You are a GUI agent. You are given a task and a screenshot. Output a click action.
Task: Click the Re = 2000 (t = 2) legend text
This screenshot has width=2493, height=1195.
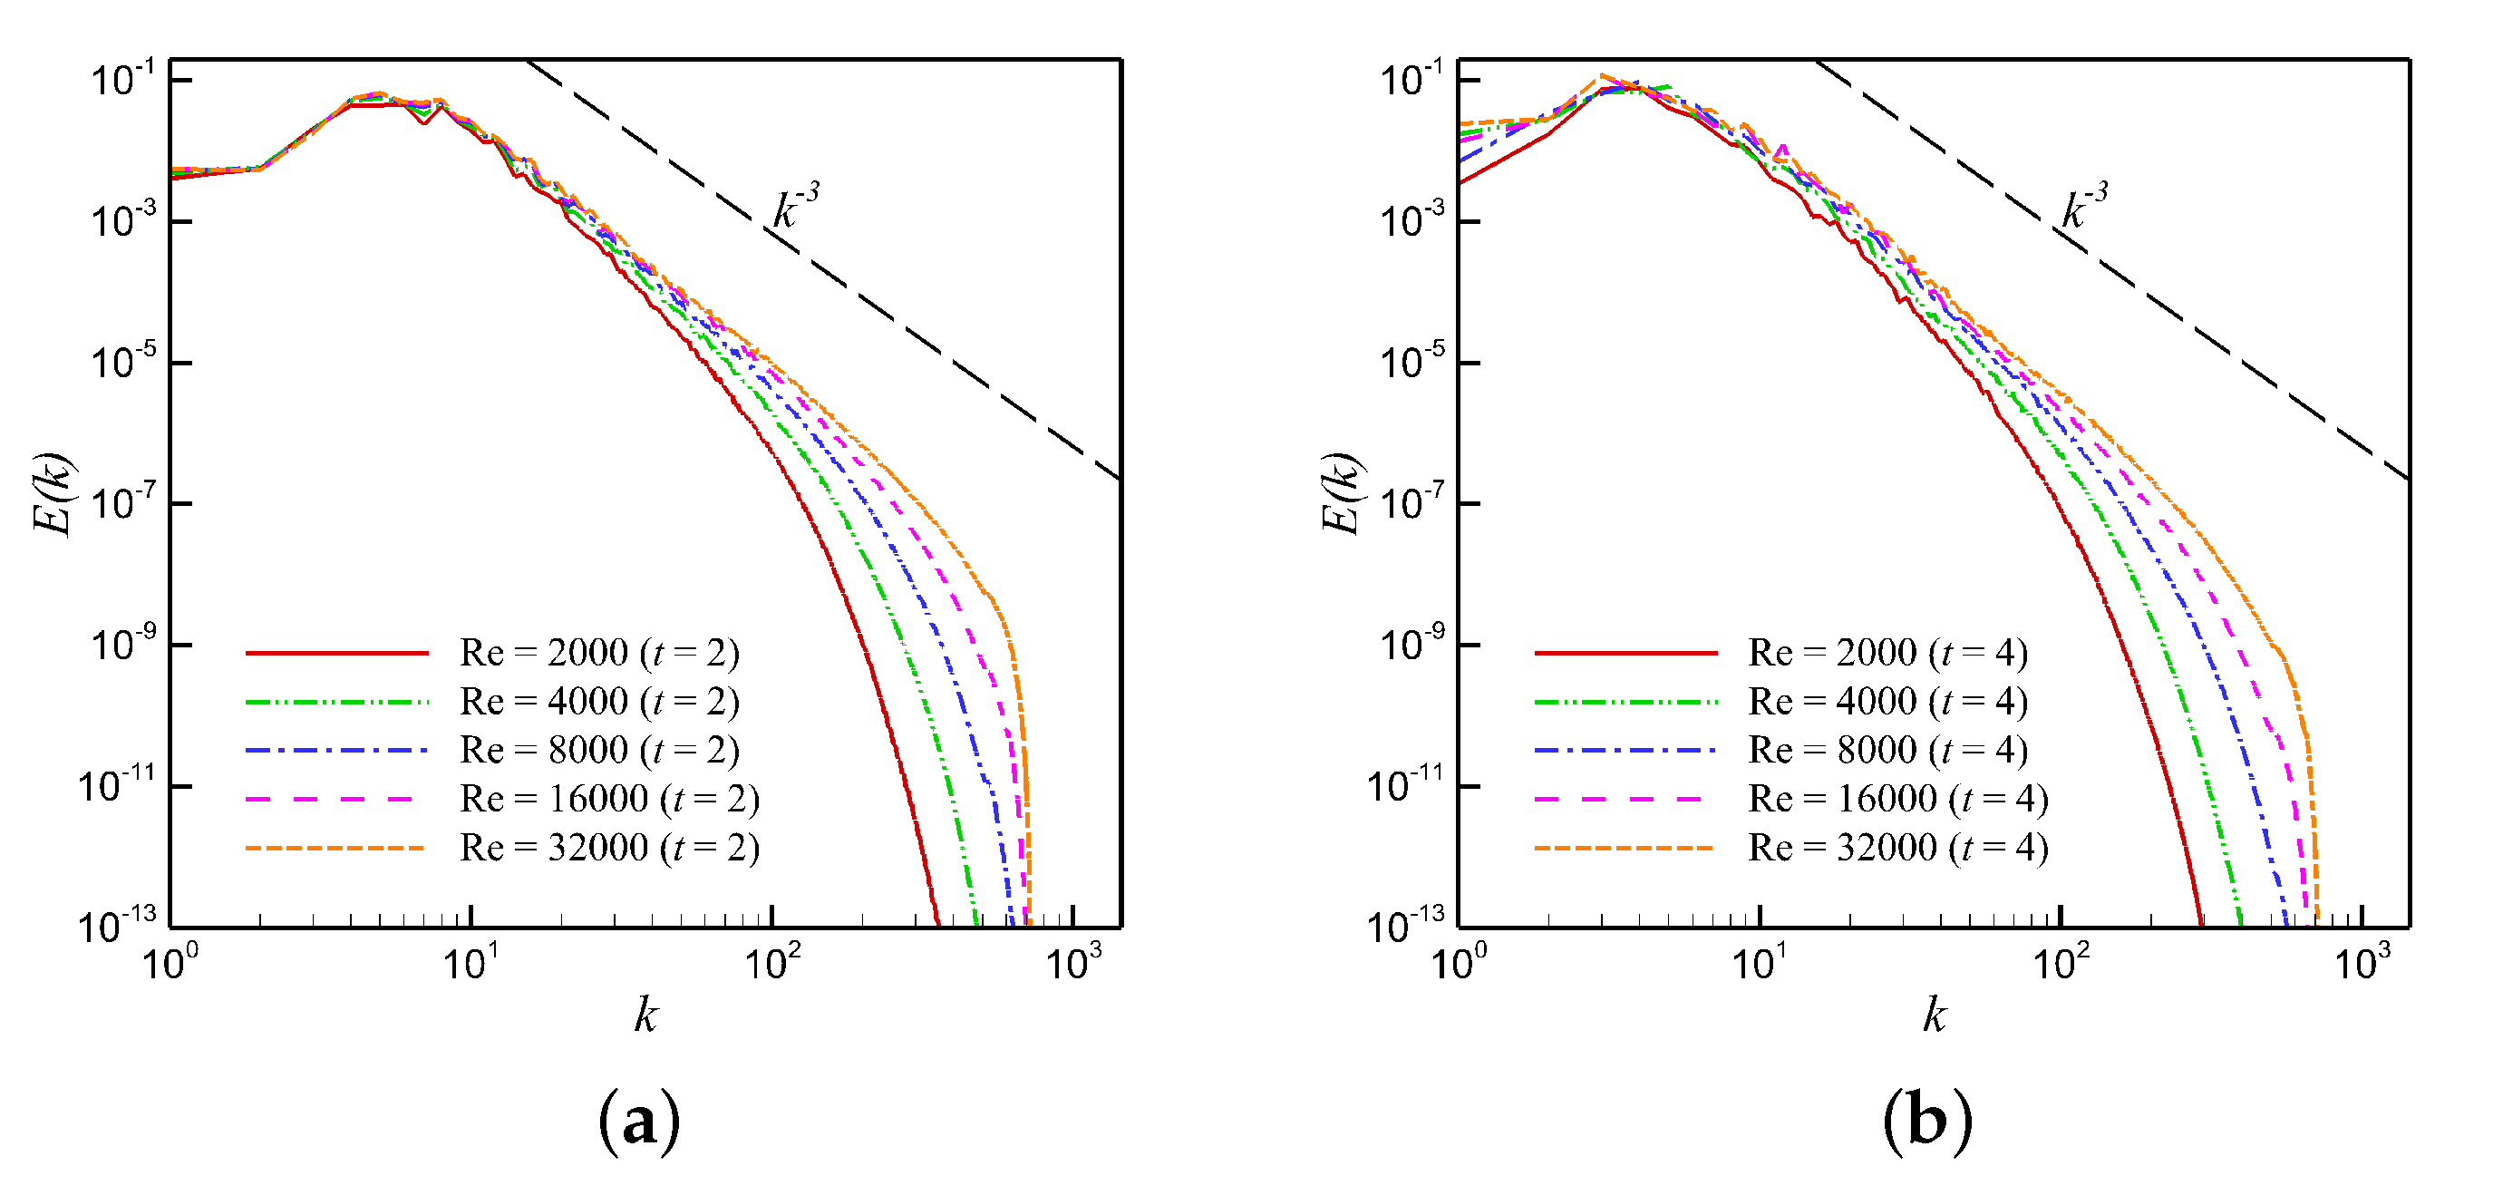[599, 653]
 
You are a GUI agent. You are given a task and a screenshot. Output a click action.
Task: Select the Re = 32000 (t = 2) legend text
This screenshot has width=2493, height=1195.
[608, 849]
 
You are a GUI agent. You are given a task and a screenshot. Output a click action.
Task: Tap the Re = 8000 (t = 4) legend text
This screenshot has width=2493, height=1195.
[1887, 751]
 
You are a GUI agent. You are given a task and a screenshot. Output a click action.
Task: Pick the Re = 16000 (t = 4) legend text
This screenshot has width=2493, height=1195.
[1896, 800]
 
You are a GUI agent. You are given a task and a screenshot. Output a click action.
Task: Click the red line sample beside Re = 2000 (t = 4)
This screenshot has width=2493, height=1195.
[1625, 653]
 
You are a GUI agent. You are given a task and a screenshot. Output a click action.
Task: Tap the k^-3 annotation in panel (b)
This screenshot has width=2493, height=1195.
[2083, 207]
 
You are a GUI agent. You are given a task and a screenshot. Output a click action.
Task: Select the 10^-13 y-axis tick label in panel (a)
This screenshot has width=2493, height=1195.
[116, 926]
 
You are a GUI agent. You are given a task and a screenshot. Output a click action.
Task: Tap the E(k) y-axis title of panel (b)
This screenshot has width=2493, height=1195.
[1343, 493]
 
